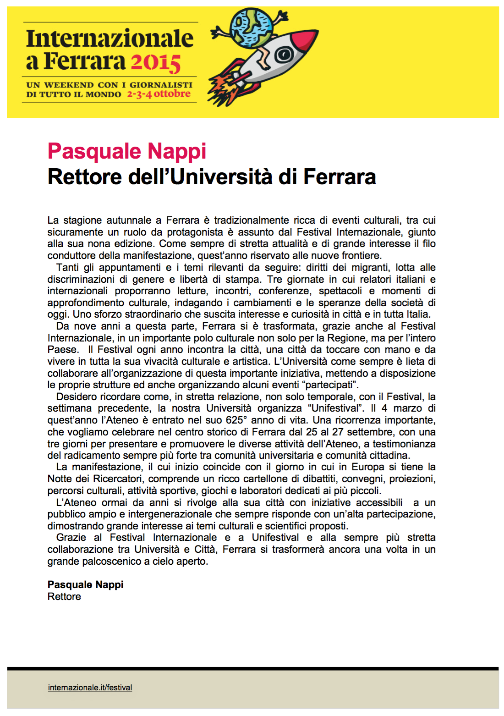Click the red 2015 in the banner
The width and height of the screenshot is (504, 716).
click(x=156, y=62)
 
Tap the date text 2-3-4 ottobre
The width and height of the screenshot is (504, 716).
click(x=159, y=94)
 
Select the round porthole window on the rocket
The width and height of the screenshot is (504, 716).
click(x=283, y=55)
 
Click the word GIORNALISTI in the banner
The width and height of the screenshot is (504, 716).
click(x=161, y=85)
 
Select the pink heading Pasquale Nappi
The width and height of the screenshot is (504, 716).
click(x=127, y=151)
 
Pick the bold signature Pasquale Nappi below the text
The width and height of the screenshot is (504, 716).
click(x=85, y=584)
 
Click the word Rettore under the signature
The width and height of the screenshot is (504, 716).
click(x=64, y=596)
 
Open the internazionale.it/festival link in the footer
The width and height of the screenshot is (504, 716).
click(x=90, y=688)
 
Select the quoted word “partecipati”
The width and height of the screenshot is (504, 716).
click(x=332, y=385)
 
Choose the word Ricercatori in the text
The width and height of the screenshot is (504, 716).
click(x=118, y=479)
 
